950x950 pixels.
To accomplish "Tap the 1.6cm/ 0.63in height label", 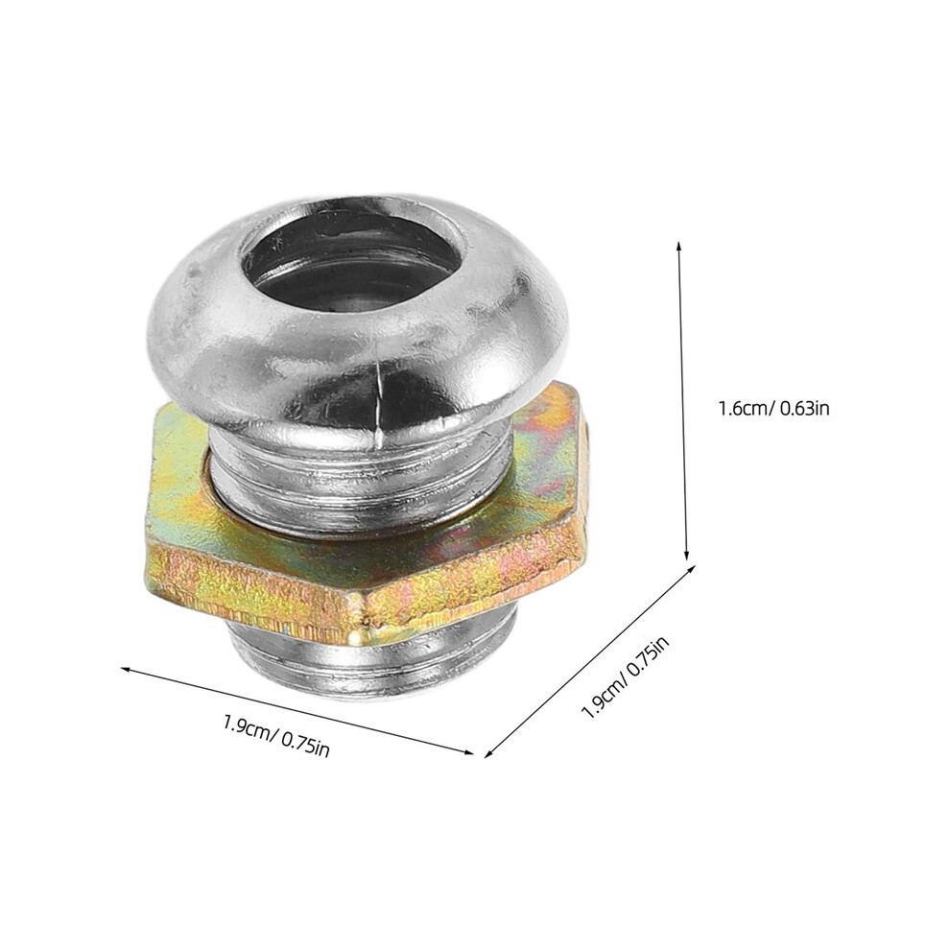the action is (773, 408).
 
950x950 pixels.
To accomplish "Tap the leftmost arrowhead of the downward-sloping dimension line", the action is (125, 669).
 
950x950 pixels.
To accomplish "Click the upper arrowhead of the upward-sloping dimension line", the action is (690, 569).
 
